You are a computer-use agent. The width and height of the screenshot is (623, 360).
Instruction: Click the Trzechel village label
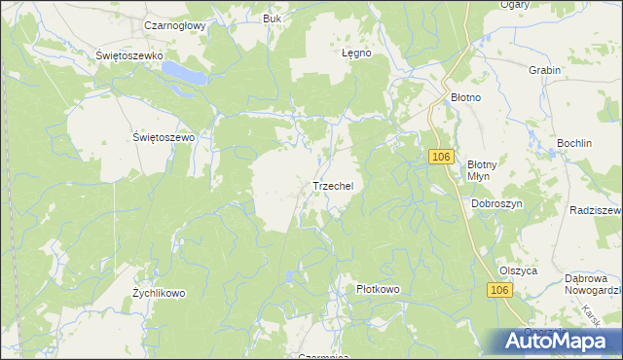tap(338, 185)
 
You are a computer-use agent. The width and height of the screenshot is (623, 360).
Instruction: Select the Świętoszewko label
tap(128, 56)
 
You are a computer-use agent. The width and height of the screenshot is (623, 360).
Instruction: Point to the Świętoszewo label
tap(164, 138)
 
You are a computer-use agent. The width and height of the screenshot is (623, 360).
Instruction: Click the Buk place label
tap(273, 18)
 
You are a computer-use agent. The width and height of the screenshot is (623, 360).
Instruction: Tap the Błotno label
tap(467, 98)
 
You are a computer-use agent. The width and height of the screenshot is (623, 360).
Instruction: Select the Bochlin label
tap(574, 143)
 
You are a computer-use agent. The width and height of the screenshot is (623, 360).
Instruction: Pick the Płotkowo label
tap(378, 289)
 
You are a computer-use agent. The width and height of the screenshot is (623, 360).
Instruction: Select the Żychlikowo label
tap(159, 293)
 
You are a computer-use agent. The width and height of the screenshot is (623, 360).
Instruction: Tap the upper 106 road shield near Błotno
tap(441, 157)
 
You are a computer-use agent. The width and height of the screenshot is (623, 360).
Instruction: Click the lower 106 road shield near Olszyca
tap(498, 291)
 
